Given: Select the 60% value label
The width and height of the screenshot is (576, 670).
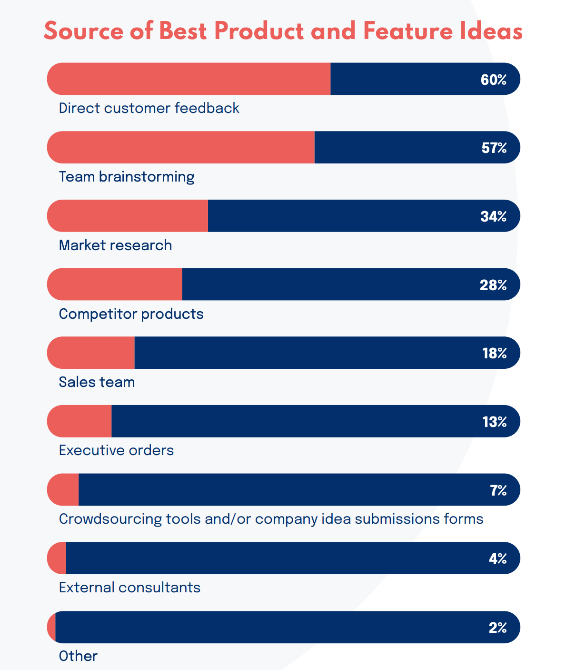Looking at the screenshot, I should click(x=494, y=80).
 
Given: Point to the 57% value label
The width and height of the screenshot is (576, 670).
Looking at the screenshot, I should click(x=494, y=148).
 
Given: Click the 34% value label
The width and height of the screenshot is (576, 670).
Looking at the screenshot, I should click(x=494, y=217).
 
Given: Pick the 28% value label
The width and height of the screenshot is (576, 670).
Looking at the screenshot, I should click(x=493, y=285).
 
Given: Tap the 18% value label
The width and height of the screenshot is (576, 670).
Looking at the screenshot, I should click(x=495, y=353).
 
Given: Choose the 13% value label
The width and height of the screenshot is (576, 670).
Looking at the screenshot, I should click(x=495, y=422).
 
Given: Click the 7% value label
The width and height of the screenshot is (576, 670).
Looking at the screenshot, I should click(x=498, y=490).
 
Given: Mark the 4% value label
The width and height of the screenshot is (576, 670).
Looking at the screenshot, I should click(x=498, y=558).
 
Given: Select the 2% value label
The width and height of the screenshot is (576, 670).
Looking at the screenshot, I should click(x=498, y=628).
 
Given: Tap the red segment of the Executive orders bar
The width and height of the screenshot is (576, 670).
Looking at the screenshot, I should click(x=80, y=421).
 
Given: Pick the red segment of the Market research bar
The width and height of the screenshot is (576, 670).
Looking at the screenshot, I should click(x=128, y=216).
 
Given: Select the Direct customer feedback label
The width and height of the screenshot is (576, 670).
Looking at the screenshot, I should click(x=149, y=108).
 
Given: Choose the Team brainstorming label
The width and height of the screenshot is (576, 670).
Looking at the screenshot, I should click(x=127, y=177).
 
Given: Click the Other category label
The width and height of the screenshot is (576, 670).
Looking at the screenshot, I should click(x=78, y=656).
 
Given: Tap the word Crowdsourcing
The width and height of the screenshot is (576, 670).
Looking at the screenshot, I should click(x=110, y=518).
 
